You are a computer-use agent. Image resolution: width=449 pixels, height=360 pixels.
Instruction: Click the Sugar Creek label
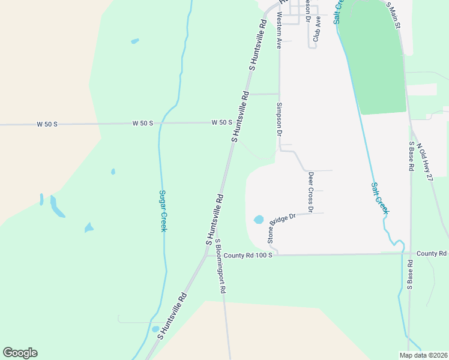(x=162, y=211)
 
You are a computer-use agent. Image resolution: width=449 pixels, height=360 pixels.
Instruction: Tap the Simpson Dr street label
(x=279, y=119)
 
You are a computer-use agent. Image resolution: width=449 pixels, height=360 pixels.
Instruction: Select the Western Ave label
(x=279, y=31)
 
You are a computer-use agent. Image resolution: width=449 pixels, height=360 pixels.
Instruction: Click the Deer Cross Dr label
(x=310, y=192)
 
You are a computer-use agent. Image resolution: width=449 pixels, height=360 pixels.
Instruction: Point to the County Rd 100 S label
(x=249, y=256)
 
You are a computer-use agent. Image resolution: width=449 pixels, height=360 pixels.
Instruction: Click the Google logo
(x=20, y=353)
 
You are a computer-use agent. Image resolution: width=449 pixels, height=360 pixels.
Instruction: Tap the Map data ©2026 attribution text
(x=423, y=355)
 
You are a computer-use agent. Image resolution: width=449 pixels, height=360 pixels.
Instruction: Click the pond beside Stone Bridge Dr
(x=259, y=220)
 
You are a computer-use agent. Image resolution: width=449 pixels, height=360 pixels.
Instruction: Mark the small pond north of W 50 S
(x=134, y=41)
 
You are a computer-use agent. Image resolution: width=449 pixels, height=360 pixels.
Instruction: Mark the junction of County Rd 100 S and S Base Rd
(x=410, y=253)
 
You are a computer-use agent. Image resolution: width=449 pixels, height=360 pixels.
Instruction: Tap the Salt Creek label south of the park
(x=379, y=198)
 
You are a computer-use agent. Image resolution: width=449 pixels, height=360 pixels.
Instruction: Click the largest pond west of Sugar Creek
(x=57, y=207)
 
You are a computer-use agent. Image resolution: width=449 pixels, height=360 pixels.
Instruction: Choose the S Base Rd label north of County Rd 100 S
(x=412, y=157)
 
